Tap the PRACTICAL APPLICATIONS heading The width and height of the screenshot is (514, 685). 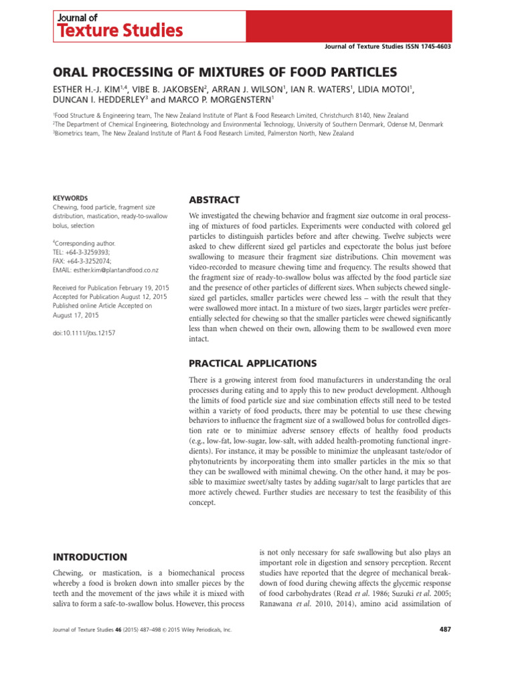click(253, 363)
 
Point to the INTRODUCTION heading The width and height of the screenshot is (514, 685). click(90, 557)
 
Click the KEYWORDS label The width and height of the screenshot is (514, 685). click(70, 198)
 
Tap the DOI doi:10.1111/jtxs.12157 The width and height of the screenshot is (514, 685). click(84, 332)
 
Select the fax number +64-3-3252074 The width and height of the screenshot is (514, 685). click(93, 261)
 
